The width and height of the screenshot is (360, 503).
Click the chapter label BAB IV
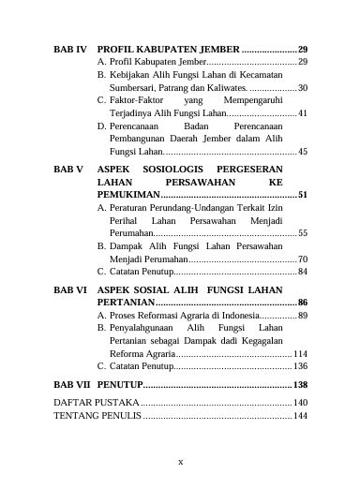click(70, 47)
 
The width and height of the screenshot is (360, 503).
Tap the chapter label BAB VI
click(70, 291)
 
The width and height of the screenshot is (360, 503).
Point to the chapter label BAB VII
click(72, 385)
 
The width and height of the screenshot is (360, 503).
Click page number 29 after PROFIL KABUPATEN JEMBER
click(303, 47)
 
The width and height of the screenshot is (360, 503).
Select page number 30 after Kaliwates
click(303, 87)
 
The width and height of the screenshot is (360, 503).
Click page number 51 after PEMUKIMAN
click(303, 194)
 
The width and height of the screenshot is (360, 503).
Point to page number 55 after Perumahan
click(303, 232)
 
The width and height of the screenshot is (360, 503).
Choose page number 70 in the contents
click(303, 259)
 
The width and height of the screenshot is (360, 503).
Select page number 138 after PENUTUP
click(301, 385)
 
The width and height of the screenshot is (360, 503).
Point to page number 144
click(301, 415)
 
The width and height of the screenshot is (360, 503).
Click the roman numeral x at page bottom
click(180, 461)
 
